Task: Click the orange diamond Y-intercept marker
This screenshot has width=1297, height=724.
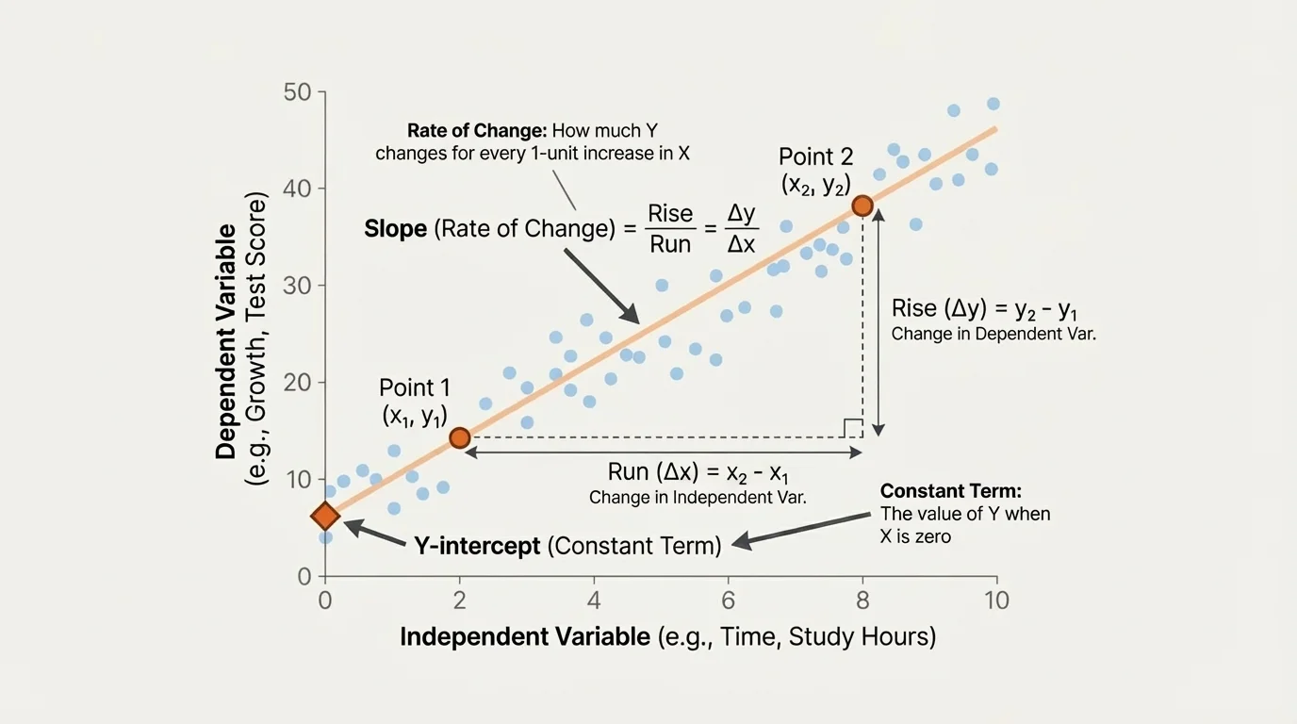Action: point(325,516)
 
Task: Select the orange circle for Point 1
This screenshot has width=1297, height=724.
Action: point(459,437)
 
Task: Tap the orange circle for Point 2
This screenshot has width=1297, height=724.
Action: point(862,206)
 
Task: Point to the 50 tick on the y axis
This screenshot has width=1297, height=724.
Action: point(298,92)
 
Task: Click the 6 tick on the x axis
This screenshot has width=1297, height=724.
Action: point(727,600)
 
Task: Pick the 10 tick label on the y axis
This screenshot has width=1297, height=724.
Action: point(298,480)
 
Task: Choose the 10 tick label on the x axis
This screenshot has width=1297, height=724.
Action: point(996,600)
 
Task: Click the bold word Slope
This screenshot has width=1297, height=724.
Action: point(396,229)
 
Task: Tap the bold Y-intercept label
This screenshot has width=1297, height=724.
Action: point(477,545)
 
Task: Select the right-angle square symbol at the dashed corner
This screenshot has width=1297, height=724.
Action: point(853,428)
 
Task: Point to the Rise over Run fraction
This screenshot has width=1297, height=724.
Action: point(670,229)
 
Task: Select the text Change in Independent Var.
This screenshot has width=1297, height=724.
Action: point(698,497)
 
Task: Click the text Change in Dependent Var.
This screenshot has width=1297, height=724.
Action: point(993,334)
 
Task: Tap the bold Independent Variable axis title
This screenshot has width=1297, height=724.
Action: point(525,636)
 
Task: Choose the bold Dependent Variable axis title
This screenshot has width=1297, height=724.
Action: point(226,341)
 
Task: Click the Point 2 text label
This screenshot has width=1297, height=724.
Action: point(816,156)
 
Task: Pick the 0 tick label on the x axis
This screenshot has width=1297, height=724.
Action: point(325,600)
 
